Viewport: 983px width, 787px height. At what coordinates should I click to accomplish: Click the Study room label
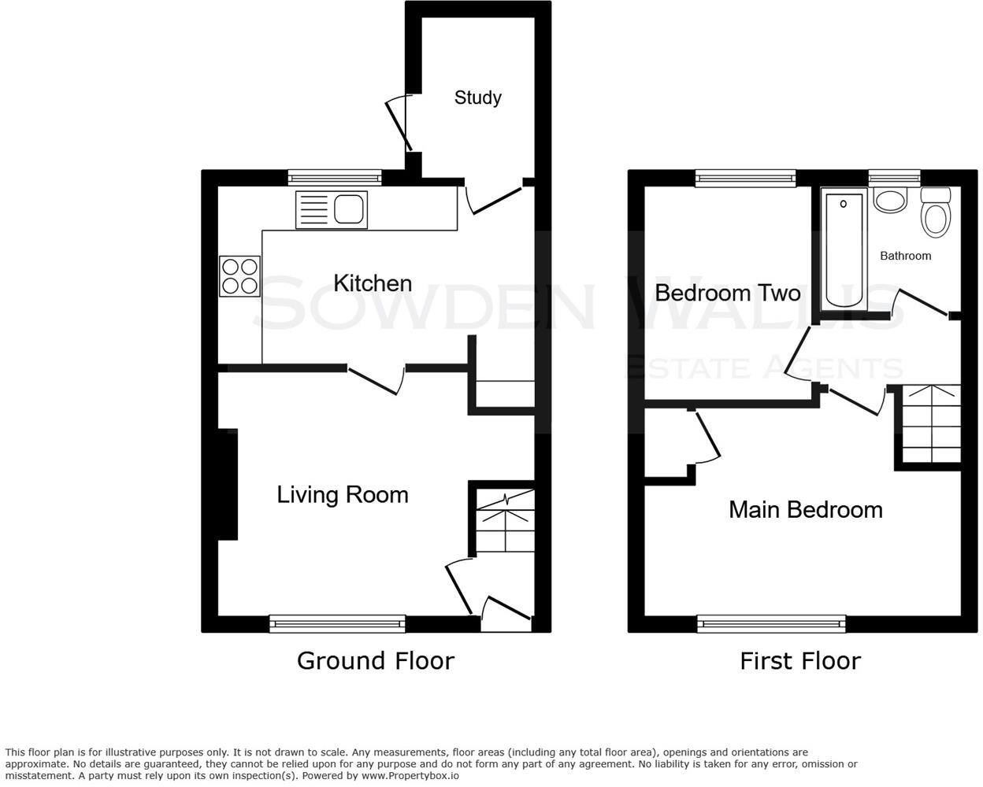[477, 98]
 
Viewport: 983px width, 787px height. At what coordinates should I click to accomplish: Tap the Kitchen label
[373, 283]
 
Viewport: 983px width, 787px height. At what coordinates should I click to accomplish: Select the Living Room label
[343, 495]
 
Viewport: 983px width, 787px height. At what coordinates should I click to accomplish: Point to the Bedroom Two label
[727, 294]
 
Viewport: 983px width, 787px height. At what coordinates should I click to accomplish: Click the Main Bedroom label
[805, 510]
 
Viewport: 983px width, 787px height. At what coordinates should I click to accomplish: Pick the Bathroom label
[905, 256]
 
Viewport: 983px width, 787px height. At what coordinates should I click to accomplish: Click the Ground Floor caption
[375, 660]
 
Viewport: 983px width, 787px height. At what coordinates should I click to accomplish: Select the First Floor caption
[799, 660]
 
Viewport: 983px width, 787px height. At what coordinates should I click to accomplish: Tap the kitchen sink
[332, 210]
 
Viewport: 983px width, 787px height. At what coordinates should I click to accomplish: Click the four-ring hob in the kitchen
[240, 277]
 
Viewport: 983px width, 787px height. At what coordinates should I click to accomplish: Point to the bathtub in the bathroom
[844, 250]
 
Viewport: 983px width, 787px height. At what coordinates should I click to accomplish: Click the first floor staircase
[931, 425]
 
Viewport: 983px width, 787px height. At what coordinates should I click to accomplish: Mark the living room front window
[337, 624]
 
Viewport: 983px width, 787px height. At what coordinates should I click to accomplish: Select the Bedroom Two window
[745, 179]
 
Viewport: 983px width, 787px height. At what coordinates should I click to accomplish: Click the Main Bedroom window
[771, 624]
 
